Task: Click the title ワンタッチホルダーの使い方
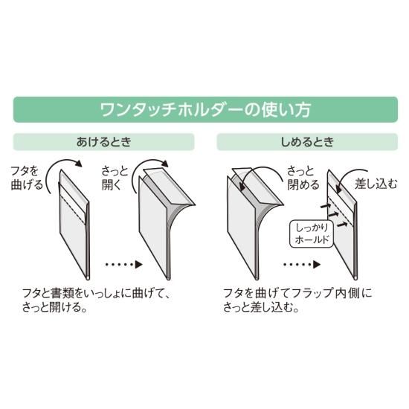click(205, 109)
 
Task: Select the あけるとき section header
click(104, 142)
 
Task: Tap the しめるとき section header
click(307, 142)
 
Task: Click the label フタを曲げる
click(27, 178)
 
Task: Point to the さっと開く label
click(115, 178)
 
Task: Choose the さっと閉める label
click(303, 178)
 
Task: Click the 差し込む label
click(376, 184)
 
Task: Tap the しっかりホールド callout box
click(312, 234)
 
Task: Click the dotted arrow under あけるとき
click(124, 265)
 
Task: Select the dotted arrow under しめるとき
click(302, 265)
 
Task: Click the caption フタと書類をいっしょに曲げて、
click(97, 293)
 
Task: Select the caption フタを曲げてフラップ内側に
click(297, 293)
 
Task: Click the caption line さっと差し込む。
click(261, 307)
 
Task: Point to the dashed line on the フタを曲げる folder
click(73, 209)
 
